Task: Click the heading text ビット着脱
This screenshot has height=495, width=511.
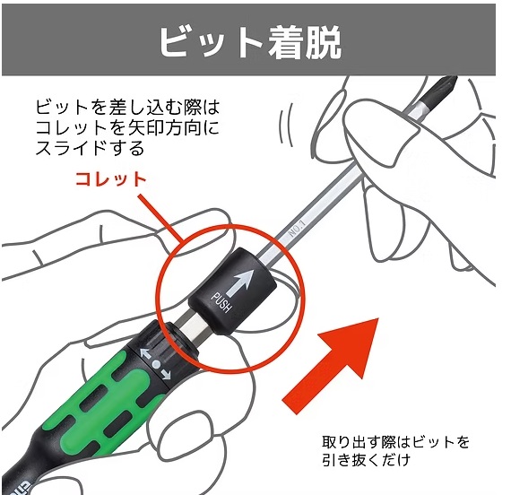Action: tap(250, 41)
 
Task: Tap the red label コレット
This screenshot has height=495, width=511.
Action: tap(111, 179)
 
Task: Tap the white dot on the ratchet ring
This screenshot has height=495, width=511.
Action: tap(157, 364)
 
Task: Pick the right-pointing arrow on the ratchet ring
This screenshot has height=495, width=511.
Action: tap(166, 375)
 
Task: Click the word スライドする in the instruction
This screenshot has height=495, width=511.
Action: tap(90, 149)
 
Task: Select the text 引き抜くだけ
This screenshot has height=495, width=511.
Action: tap(366, 460)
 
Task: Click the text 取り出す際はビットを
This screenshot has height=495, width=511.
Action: tap(395, 442)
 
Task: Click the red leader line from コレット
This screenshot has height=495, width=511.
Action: tap(161, 218)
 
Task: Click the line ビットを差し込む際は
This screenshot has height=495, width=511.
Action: tap(127, 108)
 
